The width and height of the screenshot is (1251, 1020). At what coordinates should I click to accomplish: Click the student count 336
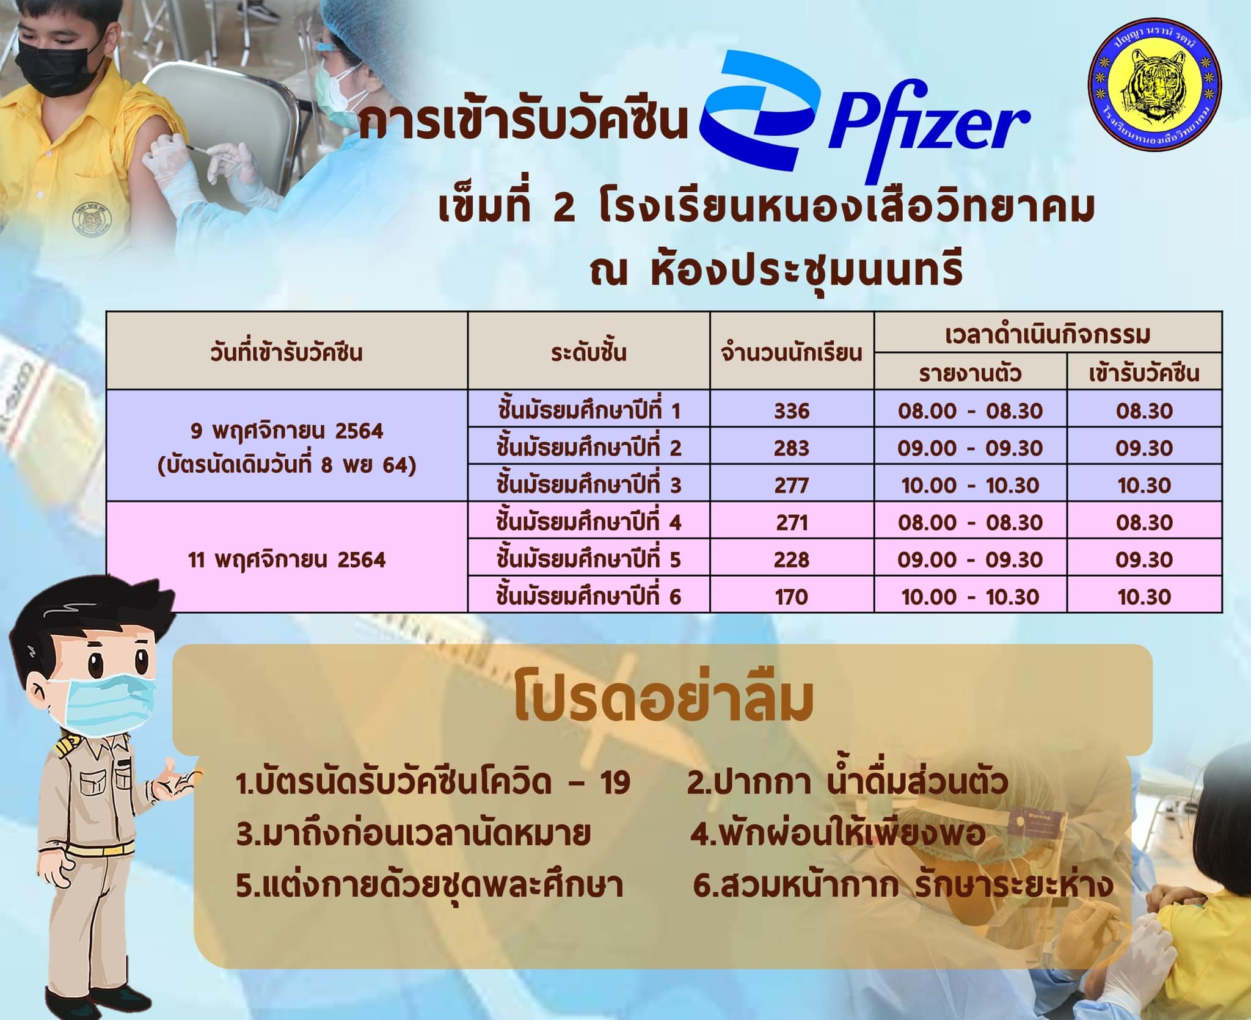click(792, 411)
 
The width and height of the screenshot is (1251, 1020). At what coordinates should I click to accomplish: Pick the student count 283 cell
click(792, 448)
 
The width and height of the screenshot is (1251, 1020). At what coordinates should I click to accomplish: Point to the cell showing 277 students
click(792, 486)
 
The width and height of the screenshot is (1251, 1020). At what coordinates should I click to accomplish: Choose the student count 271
click(792, 523)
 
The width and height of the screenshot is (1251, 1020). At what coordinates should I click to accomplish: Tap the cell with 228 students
click(792, 560)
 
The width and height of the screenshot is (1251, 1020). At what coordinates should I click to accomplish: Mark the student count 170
click(792, 597)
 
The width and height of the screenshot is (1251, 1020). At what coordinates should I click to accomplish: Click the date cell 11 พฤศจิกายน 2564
click(286, 560)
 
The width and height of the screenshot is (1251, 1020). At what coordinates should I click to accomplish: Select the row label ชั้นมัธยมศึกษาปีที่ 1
click(588, 410)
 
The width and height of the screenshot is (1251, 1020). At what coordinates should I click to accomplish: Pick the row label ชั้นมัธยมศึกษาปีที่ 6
click(588, 596)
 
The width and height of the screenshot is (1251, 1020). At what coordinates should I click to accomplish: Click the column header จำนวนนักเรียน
click(792, 353)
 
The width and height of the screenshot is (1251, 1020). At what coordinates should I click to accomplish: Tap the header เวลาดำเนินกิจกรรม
click(1048, 335)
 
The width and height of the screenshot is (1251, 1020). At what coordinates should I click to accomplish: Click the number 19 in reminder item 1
click(613, 784)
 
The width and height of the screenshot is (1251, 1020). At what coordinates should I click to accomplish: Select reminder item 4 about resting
click(837, 833)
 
